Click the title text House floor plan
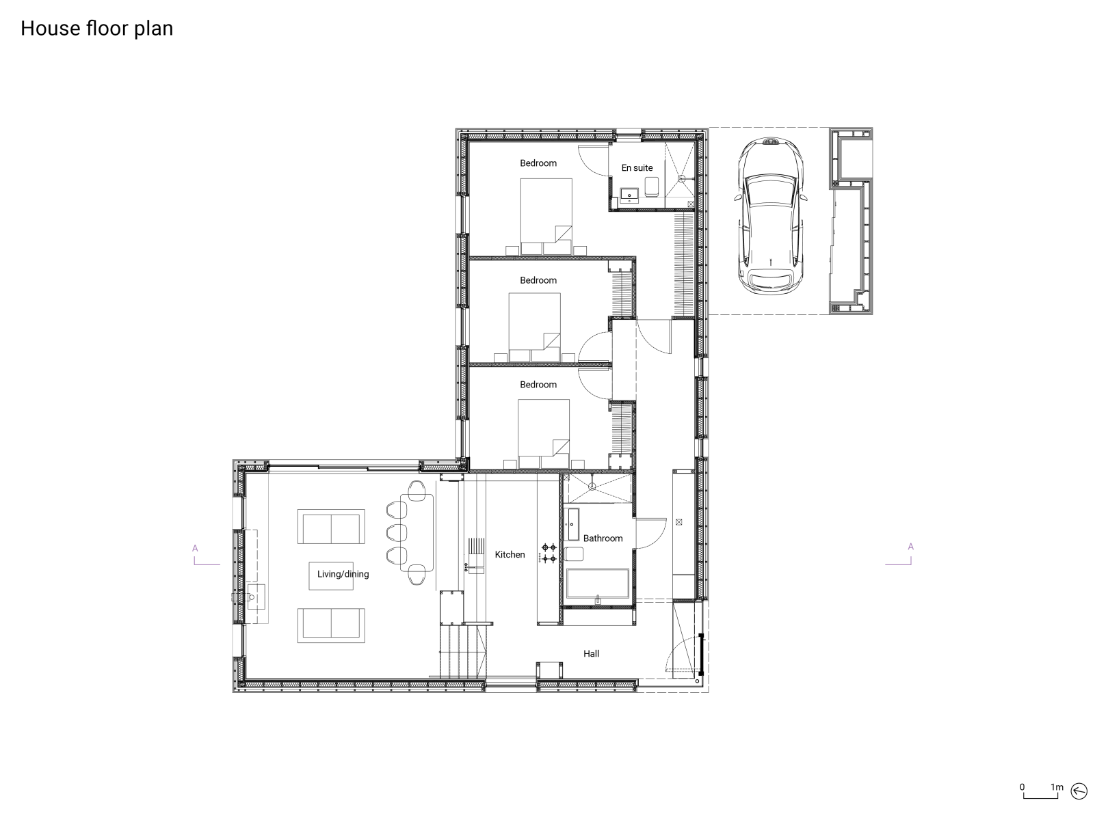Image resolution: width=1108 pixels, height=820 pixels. pyautogui.click(x=96, y=29)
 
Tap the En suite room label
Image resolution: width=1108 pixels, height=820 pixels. pyautogui.click(x=637, y=167)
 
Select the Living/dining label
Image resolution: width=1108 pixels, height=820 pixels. pyautogui.click(x=343, y=574)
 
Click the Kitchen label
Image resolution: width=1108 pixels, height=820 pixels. pyautogui.click(x=510, y=555)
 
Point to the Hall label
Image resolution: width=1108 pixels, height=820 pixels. pyautogui.click(x=591, y=654)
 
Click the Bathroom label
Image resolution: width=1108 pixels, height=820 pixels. pyautogui.click(x=603, y=538)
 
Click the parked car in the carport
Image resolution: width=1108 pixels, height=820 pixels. pyautogui.click(x=769, y=215)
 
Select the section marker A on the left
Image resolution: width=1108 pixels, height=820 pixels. pyautogui.click(x=195, y=548)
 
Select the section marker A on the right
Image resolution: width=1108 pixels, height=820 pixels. pyautogui.click(x=910, y=547)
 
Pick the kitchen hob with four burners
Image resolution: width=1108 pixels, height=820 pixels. pyautogui.click(x=549, y=553)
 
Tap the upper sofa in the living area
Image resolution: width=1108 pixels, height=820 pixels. pyautogui.click(x=330, y=527)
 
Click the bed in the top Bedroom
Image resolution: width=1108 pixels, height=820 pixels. pyautogui.click(x=546, y=215)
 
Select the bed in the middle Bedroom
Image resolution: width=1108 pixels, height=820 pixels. pyautogui.click(x=535, y=326)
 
